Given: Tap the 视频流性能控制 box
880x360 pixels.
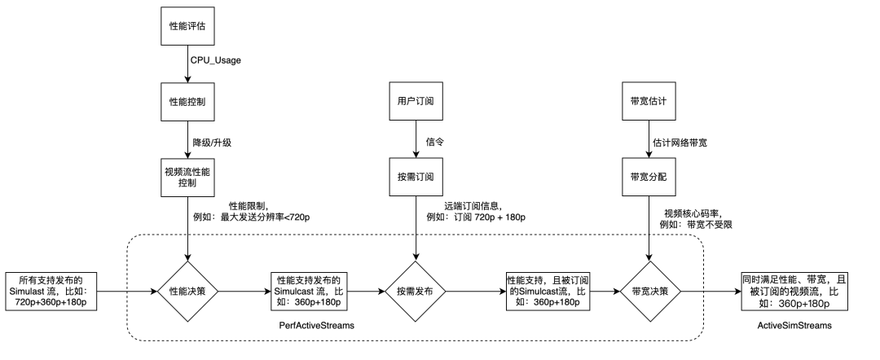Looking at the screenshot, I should (188, 177).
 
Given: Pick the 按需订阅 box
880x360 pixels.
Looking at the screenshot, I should (417, 177).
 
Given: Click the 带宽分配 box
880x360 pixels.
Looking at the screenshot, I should (649, 177).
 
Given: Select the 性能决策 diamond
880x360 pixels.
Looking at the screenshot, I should (188, 290).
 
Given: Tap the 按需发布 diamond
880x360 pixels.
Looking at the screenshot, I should (417, 290).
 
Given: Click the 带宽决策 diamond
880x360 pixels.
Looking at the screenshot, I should (649, 290).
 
